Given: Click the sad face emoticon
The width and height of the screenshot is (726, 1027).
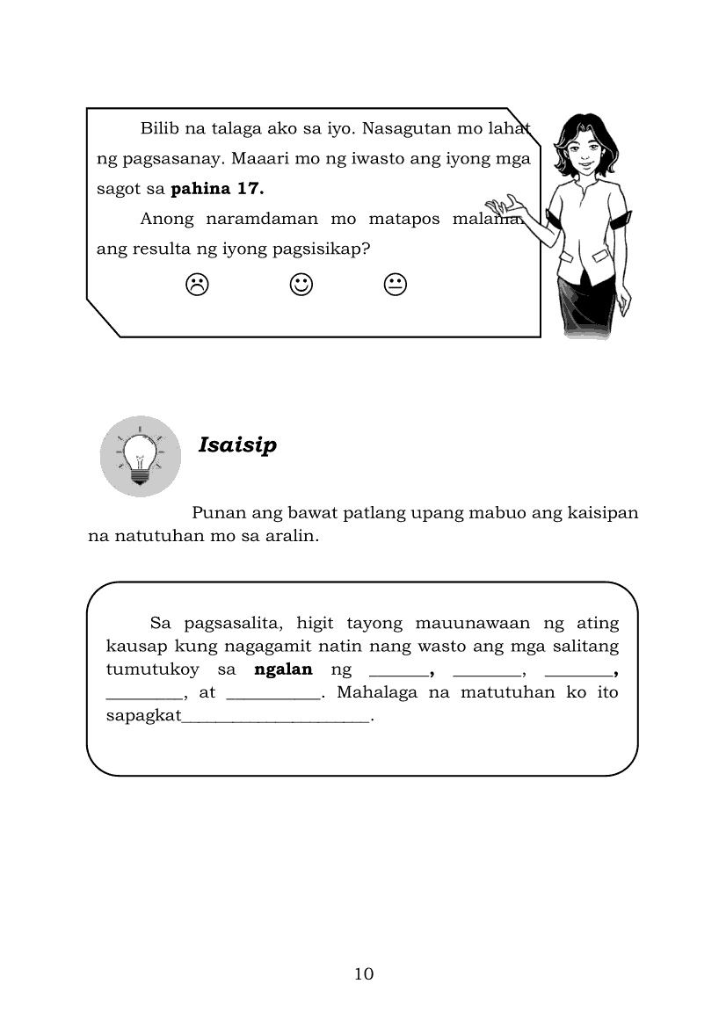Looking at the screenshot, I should (197, 284).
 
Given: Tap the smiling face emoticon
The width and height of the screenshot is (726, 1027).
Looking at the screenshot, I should (301, 284).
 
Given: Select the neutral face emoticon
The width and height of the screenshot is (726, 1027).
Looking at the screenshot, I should (395, 284).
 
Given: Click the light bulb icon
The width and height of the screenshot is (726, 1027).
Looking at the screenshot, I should (140, 456).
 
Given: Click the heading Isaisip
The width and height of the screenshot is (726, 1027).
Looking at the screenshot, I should (237, 445).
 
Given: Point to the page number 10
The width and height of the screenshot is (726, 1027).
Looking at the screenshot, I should (364, 973).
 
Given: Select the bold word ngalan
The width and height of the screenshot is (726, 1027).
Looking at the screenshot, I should (283, 669).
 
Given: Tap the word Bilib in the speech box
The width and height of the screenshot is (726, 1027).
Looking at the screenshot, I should (159, 129).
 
